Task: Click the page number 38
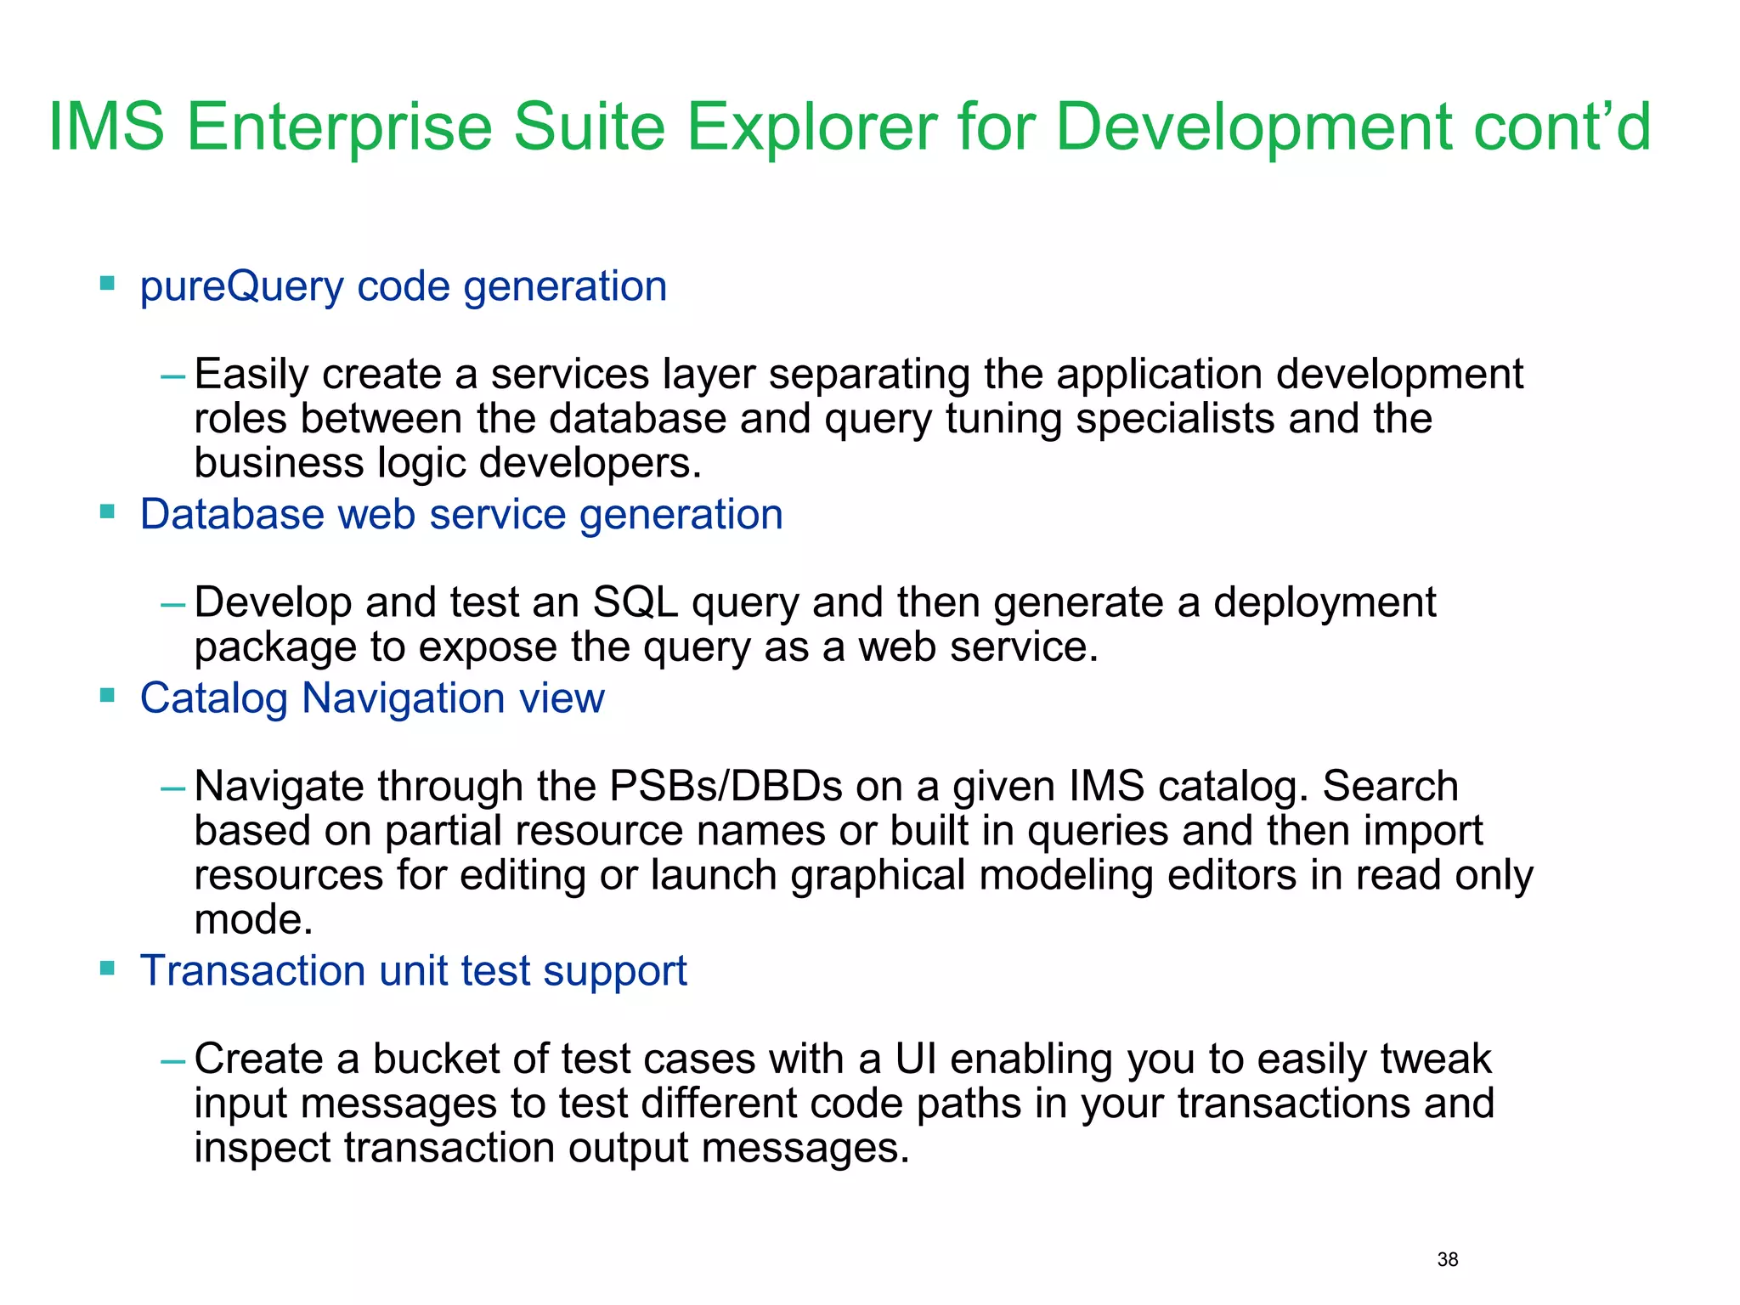(x=1447, y=1259)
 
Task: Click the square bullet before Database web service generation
(x=107, y=511)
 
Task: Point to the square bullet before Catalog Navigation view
(x=107, y=695)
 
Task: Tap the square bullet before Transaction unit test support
(x=107, y=968)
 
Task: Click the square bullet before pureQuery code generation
(x=107, y=283)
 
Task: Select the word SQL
(x=635, y=603)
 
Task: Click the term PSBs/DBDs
(x=725, y=787)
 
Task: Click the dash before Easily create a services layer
(x=172, y=376)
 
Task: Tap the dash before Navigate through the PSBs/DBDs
(x=172, y=788)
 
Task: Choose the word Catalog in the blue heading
(x=214, y=699)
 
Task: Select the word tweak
(x=1435, y=1059)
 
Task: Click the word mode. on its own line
(x=253, y=920)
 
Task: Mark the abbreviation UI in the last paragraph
(x=915, y=1059)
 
